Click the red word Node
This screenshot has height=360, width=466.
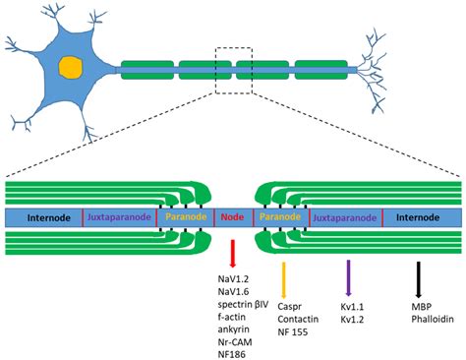[233, 216]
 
